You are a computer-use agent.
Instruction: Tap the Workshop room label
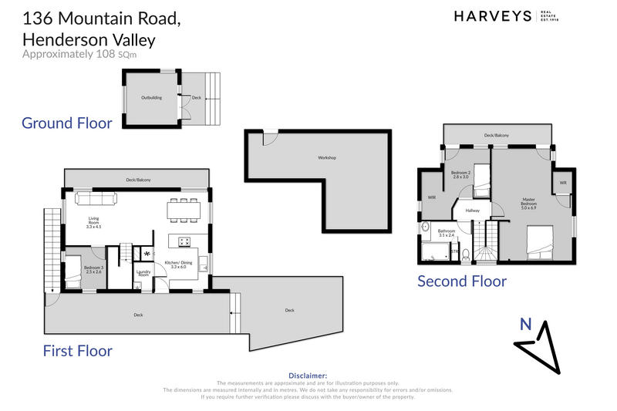point(327,158)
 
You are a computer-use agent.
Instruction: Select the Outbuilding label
point(151,98)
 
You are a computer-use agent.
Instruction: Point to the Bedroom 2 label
point(461,174)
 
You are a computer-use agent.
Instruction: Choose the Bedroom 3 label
point(93,269)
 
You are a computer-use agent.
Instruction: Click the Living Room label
point(94,224)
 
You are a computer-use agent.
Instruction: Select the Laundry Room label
point(143,273)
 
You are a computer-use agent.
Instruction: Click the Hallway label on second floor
point(472,209)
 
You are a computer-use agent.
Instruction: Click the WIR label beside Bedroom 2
point(432,197)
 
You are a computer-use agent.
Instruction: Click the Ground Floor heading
point(66,123)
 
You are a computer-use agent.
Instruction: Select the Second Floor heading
point(462,281)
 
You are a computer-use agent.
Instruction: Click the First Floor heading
point(78,351)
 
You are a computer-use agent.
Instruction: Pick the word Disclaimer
point(308,376)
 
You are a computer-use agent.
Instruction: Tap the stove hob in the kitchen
point(185,241)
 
